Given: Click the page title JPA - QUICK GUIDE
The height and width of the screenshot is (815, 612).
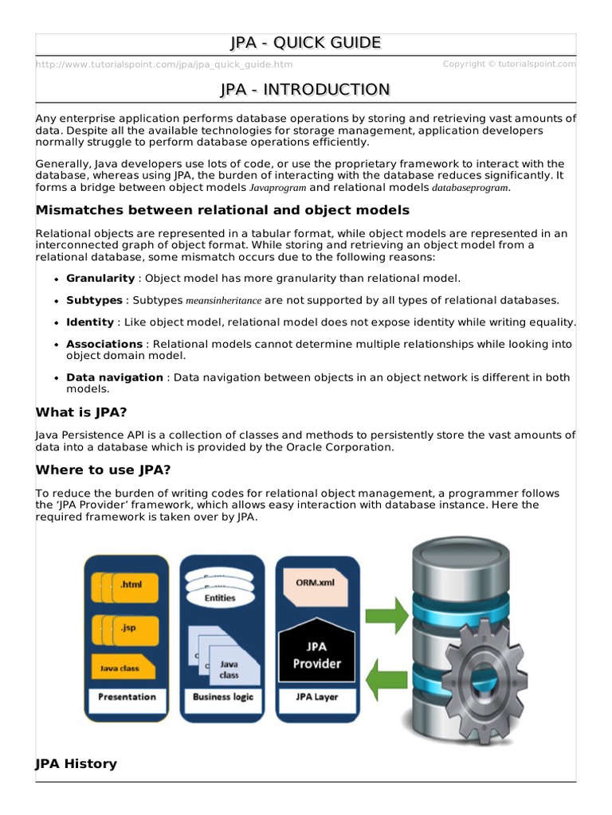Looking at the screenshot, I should click(x=305, y=43).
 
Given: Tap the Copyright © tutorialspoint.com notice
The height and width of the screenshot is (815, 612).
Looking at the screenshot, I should click(x=508, y=64).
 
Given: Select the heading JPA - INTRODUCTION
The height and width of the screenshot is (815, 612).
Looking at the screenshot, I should click(x=305, y=89).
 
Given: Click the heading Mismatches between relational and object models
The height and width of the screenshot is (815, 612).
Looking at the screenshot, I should click(x=222, y=210).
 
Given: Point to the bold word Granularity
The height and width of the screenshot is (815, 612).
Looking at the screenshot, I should click(x=100, y=278).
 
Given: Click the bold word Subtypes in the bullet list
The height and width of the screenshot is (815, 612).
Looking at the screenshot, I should click(x=95, y=300).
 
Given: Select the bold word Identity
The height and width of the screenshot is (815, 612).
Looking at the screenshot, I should click(x=90, y=322).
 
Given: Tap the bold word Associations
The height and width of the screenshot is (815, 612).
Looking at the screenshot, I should click(x=104, y=345).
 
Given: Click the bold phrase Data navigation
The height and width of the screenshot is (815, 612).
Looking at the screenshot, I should click(x=115, y=377).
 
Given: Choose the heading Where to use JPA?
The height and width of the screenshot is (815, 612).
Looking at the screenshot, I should click(x=104, y=470).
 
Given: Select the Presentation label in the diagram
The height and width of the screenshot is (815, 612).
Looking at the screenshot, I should click(x=127, y=697).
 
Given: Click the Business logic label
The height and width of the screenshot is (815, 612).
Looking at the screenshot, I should click(x=223, y=697).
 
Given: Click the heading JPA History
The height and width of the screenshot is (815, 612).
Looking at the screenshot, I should click(x=76, y=764).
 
